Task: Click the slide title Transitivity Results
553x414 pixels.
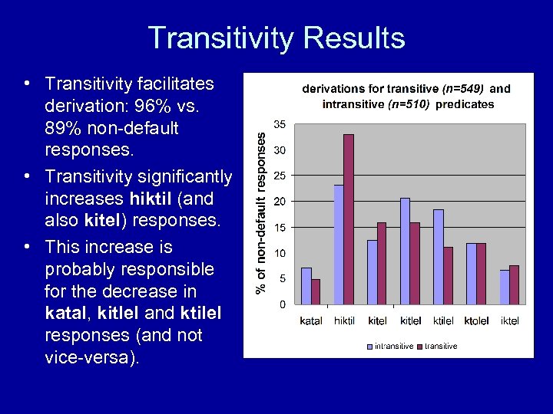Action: pos(276,38)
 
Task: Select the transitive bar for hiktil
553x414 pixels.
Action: pos(349,219)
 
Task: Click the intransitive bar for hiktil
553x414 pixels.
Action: pos(339,245)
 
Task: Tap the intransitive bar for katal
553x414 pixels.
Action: pos(306,286)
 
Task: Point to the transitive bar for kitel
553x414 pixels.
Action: pos(382,263)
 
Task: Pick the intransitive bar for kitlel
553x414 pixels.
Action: pos(405,251)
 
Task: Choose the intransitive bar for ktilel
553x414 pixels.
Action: pos(439,257)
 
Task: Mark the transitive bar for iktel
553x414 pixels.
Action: pos(514,284)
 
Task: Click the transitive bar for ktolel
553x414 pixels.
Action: pos(481,274)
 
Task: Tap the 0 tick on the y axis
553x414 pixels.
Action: pos(283,304)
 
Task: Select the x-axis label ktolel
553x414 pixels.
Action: pos(476,320)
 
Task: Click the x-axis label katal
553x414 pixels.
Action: pos(311,320)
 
